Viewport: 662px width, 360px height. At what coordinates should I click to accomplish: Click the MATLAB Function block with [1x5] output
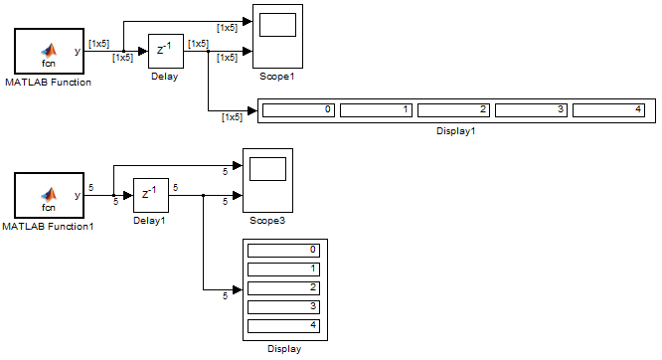point(49,51)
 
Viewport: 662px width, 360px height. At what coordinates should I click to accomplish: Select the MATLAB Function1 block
point(49,195)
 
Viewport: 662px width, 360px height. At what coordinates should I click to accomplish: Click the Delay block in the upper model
point(166,51)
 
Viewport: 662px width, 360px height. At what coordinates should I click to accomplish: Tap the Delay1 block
point(151,195)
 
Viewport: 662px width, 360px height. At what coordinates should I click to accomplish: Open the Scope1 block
point(277,37)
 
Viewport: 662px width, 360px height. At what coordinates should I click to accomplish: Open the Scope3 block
point(267,180)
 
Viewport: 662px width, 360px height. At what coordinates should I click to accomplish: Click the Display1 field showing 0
point(298,110)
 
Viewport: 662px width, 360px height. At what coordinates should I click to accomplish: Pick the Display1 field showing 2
point(453,110)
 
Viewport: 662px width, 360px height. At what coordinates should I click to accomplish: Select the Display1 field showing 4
point(608,110)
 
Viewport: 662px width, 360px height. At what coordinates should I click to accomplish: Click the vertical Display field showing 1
point(283,270)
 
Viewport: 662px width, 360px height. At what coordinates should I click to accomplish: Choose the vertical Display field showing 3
point(283,306)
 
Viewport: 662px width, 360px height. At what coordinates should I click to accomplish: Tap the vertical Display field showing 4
point(283,326)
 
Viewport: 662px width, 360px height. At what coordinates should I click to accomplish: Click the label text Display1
point(456,131)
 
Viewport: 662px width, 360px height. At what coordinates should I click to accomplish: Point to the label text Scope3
point(267,221)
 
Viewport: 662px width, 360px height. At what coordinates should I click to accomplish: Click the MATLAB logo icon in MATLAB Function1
point(49,194)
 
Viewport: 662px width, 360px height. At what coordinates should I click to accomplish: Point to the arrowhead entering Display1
point(252,111)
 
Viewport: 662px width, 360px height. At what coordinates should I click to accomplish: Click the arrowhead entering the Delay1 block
point(128,195)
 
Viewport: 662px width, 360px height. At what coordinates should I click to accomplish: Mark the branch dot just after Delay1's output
point(204,195)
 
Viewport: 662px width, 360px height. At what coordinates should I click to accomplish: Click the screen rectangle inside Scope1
point(277,25)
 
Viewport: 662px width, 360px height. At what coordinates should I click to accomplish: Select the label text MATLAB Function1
point(48,227)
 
